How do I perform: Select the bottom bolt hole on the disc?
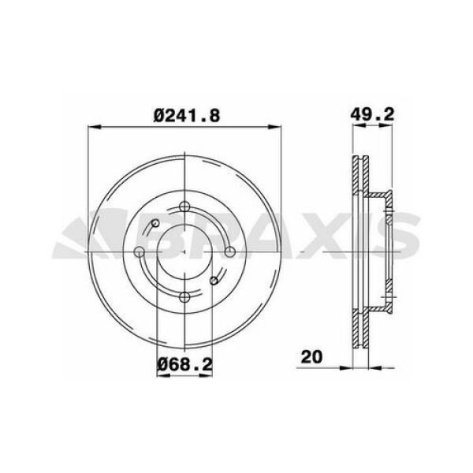(184, 296)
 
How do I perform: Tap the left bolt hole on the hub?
(139, 251)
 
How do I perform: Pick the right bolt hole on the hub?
(229, 251)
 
